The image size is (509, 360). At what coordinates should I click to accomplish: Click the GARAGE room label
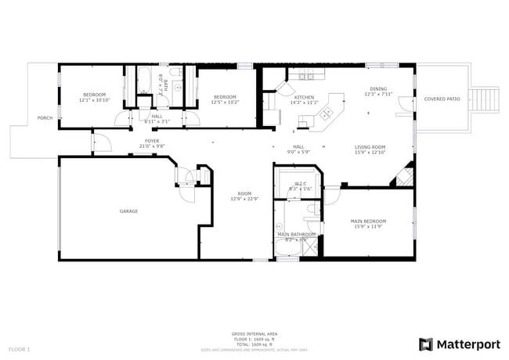tap(128, 211)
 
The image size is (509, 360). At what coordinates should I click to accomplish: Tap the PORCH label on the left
tap(45, 118)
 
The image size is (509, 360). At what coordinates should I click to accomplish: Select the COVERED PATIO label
tap(441, 99)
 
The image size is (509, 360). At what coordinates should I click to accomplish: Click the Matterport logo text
tap(467, 344)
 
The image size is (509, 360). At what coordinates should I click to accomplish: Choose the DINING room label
tap(377, 89)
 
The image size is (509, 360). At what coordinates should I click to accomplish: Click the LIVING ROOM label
tap(370, 146)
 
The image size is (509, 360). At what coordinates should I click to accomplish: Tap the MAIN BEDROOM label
tap(367, 221)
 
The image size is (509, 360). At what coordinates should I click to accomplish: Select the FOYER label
tap(152, 141)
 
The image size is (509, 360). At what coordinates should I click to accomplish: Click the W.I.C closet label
tap(300, 184)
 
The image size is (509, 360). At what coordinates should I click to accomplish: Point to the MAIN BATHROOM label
tap(296, 234)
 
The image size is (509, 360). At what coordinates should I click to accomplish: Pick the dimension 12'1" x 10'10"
tap(94, 100)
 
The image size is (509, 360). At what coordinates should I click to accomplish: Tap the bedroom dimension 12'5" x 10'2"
tap(226, 102)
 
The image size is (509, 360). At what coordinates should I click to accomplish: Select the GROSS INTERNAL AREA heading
tap(254, 334)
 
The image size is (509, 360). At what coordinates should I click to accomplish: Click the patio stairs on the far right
tap(486, 99)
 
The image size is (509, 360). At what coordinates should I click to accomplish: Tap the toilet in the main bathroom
tap(311, 211)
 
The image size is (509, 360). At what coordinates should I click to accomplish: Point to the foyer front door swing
tap(100, 143)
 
